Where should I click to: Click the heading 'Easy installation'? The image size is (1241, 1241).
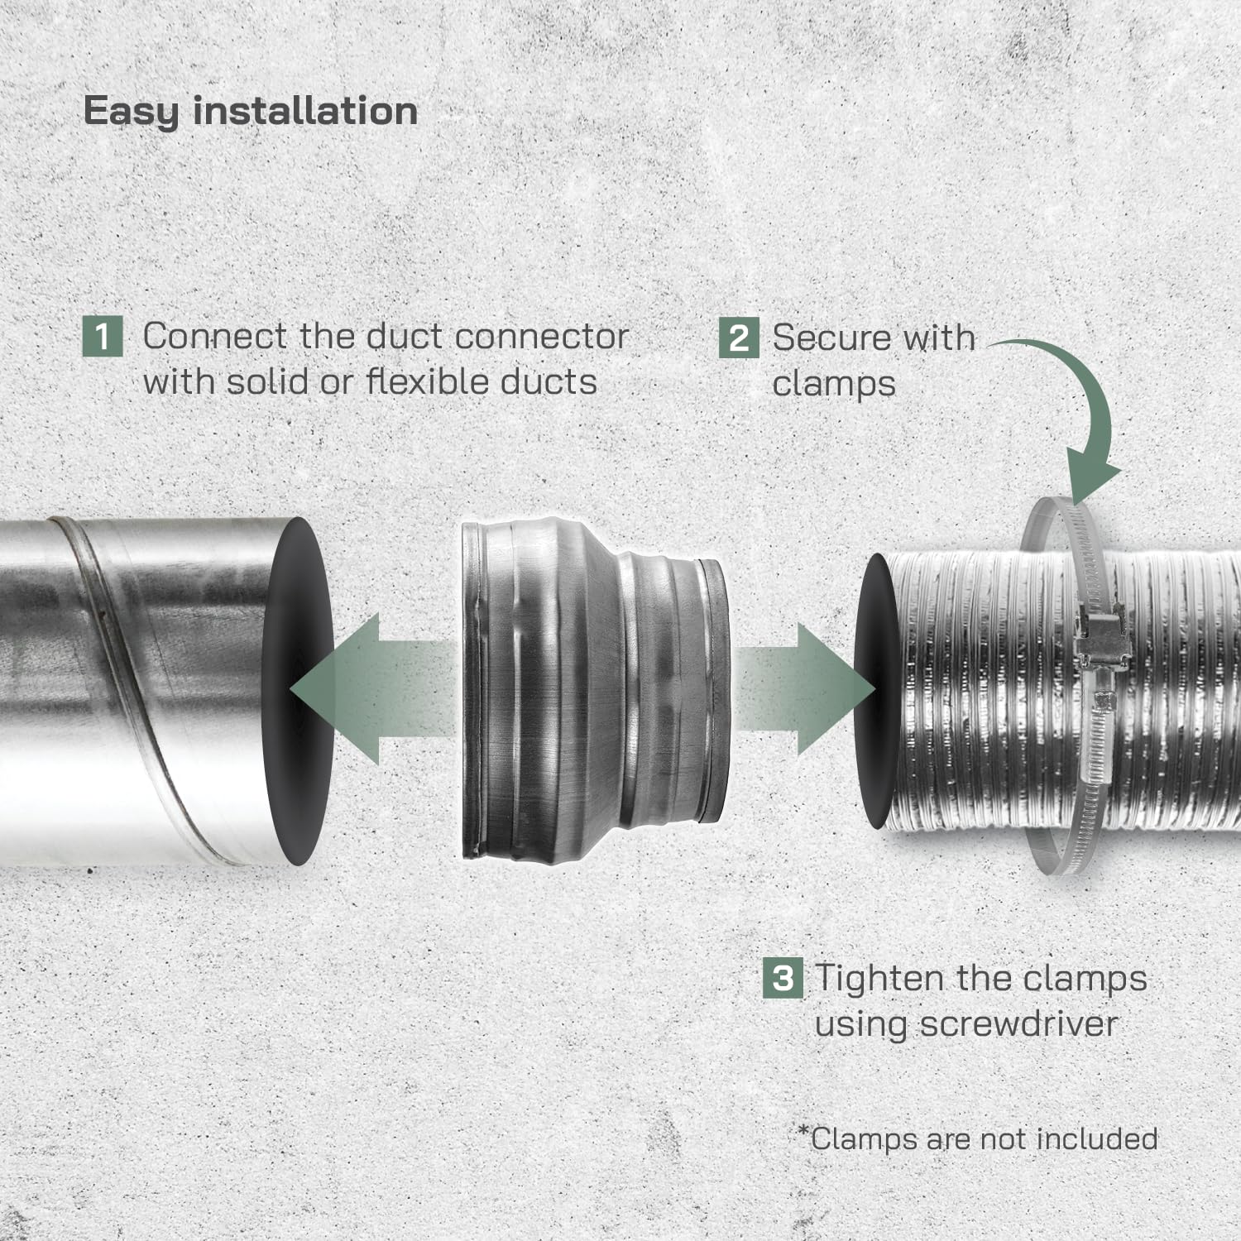[x=251, y=112]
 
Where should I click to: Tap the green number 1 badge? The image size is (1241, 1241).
[x=103, y=337]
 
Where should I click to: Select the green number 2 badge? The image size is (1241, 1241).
[x=738, y=338]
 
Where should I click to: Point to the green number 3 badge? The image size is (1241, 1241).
[x=782, y=978]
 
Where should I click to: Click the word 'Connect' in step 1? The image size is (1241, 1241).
[x=215, y=336]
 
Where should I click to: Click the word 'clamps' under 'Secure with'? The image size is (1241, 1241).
[x=834, y=384]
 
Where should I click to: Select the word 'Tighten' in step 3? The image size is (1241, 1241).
[x=879, y=978]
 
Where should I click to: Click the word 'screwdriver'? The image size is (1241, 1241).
[x=1018, y=1023]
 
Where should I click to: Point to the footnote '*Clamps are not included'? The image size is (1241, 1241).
[x=977, y=1138]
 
